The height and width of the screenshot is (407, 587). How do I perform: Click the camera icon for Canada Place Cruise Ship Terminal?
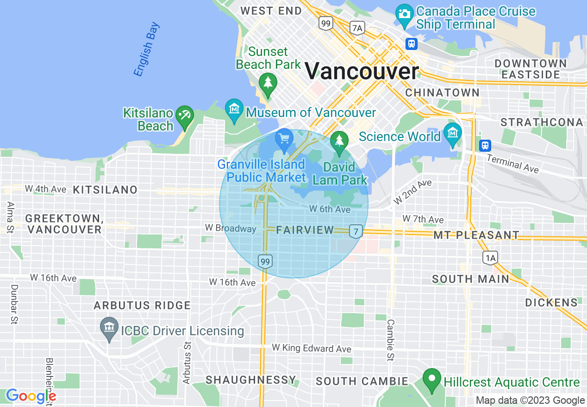(404, 12)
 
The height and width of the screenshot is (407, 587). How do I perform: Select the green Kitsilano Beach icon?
(185, 114)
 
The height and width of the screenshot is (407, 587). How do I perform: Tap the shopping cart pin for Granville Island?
(284, 138)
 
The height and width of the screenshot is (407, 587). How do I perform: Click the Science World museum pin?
(452, 133)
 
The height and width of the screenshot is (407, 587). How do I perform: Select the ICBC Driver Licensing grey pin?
(109, 327)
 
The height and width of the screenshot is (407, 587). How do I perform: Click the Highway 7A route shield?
(357, 28)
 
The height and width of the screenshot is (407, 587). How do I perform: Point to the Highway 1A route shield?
(490, 258)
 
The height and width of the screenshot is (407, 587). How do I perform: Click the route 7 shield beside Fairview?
(356, 231)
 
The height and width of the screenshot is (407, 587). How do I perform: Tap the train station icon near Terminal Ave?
(485, 145)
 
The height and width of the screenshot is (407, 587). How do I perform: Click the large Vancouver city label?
(362, 72)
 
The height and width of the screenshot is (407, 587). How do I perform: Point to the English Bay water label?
(146, 49)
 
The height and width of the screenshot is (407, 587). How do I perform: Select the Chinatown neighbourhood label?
(442, 92)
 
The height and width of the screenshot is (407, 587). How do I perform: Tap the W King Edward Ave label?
(311, 348)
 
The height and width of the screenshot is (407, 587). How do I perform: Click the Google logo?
(31, 396)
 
